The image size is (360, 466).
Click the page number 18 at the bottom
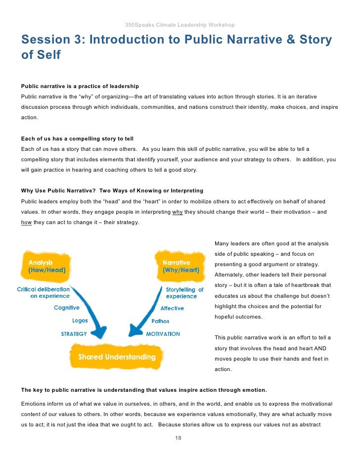click(x=179, y=438)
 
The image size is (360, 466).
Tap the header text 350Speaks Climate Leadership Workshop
click(x=180, y=25)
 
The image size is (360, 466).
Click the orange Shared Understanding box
click(x=117, y=357)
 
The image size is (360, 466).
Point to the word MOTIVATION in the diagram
click(x=163, y=334)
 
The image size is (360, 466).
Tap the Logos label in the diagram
click(x=80, y=321)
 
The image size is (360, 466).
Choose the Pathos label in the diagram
click(x=161, y=321)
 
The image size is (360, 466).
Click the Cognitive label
click(x=67, y=308)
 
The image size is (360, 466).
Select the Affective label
click(x=172, y=308)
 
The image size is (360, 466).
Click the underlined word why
click(x=177, y=212)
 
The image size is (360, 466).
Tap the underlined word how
click(x=26, y=222)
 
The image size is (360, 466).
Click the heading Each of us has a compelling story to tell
click(x=77, y=139)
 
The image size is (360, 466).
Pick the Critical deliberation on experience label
click(x=44, y=292)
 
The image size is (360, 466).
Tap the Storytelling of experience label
click(x=184, y=293)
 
